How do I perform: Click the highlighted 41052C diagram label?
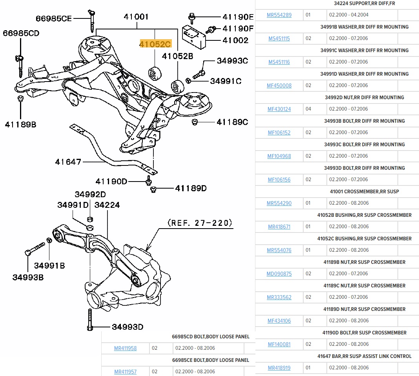tap(156, 44)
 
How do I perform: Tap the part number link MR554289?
tap(279, 15)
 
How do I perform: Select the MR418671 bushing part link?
tap(279, 227)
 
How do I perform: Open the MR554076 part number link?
tap(279, 250)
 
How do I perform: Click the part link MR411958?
tap(125, 348)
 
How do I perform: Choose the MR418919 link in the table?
tap(279, 368)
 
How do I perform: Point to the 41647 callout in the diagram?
tap(68, 162)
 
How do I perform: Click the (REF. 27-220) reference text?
tap(200, 223)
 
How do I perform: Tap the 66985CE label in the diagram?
tap(54, 18)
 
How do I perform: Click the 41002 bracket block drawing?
tap(195, 36)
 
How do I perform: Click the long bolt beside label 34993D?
tap(90, 320)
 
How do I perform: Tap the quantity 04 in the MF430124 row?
tap(308, 109)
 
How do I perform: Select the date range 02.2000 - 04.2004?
tap(348, 15)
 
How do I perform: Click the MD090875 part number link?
tap(279, 274)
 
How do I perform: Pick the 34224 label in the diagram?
tap(107, 205)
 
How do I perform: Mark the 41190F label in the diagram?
tap(238, 28)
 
